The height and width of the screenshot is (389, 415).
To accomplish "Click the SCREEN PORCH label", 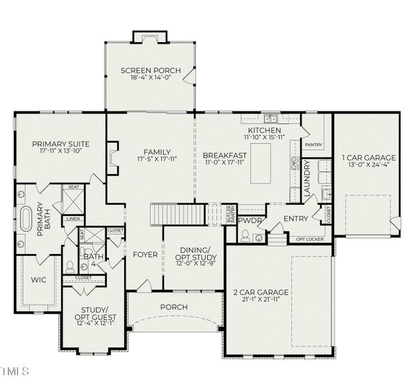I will pyautogui.click(x=150, y=71).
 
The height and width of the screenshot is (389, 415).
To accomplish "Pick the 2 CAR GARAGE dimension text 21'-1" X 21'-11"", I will pyautogui.click(x=261, y=301).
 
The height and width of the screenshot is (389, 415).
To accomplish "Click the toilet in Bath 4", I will pyautogui.click(x=70, y=266).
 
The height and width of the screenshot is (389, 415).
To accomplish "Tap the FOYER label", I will pyautogui.click(x=144, y=255).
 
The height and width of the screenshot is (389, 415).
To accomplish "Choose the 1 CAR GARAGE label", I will pyautogui.click(x=365, y=158).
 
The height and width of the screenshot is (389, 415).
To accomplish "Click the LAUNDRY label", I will pyautogui.click(x=308, y=174).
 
